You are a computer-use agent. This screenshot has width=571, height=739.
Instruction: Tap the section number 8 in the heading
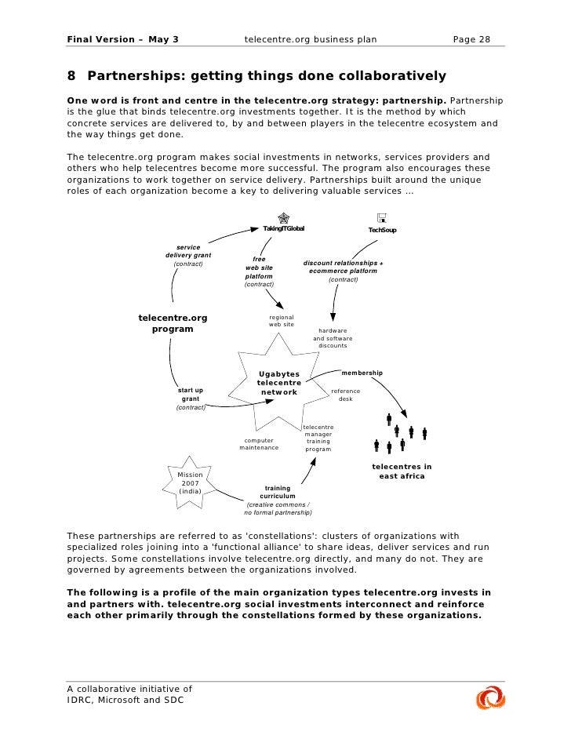coord(71,76)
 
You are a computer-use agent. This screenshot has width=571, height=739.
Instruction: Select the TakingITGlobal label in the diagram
coord(283,228)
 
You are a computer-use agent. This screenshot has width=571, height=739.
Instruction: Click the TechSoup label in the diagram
coord(382,230)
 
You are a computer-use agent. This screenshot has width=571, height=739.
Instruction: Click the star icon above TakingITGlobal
coord(283,217)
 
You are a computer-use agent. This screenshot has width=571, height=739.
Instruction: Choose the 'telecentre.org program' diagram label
coord(173,323)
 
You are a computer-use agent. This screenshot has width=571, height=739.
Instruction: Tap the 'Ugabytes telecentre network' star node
coord(279,382)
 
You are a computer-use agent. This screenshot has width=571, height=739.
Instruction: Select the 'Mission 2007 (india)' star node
coord(191,482)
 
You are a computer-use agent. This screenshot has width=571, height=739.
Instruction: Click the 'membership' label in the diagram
coord(362,373)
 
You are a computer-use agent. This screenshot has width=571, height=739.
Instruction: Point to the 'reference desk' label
coord(346,395)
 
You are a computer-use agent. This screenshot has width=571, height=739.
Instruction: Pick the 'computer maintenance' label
coord(259,444)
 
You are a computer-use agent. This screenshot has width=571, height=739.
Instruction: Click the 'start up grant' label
coord(191,395)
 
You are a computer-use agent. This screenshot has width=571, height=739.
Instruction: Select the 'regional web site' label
coord(282,321)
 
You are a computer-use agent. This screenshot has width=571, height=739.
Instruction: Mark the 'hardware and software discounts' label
coord(333,338)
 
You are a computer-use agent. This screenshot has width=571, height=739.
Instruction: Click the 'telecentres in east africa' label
coord(402,471)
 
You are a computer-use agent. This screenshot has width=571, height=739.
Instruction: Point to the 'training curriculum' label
coord(278,492)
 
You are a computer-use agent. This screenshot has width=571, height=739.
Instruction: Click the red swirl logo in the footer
coord(490,698)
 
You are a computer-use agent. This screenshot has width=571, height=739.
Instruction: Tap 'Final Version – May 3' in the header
coord(122,38)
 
